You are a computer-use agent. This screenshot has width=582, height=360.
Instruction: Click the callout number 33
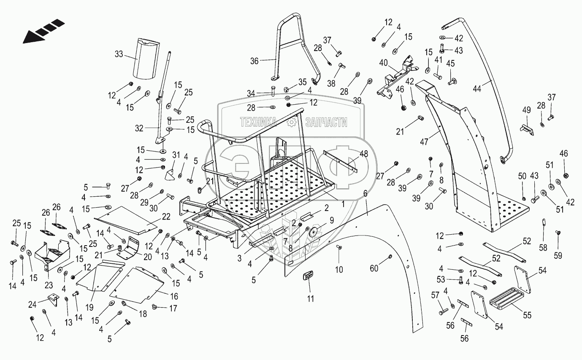point(119,54)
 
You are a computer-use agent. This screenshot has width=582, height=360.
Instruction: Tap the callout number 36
point(254,61)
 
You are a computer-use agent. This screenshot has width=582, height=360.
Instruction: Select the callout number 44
point(477,89)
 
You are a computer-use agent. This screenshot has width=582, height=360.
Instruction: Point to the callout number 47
point(424,142)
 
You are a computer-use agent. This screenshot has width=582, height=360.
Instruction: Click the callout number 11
point(311,299)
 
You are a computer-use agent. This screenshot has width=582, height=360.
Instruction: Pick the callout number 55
point(527,315)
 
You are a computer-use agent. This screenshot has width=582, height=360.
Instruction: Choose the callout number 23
point(49,285)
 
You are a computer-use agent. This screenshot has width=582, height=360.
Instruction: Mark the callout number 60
point(374,268)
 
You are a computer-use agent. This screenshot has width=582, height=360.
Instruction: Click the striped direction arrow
point(43,31)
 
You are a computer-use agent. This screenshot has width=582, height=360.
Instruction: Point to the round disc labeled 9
point(315,231)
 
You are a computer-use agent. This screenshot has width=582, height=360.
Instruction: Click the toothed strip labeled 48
point(340,161)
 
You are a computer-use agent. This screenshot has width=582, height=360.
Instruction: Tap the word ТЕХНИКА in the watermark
point(258,122)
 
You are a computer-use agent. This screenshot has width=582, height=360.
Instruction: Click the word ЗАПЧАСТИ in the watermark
point(326,122)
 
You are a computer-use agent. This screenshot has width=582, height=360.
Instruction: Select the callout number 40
point(384,63)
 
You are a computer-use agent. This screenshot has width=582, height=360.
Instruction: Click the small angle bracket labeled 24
point(53,300)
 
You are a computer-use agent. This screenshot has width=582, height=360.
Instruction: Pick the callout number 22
point(166,217)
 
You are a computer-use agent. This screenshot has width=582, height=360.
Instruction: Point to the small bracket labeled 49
point(527,130)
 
